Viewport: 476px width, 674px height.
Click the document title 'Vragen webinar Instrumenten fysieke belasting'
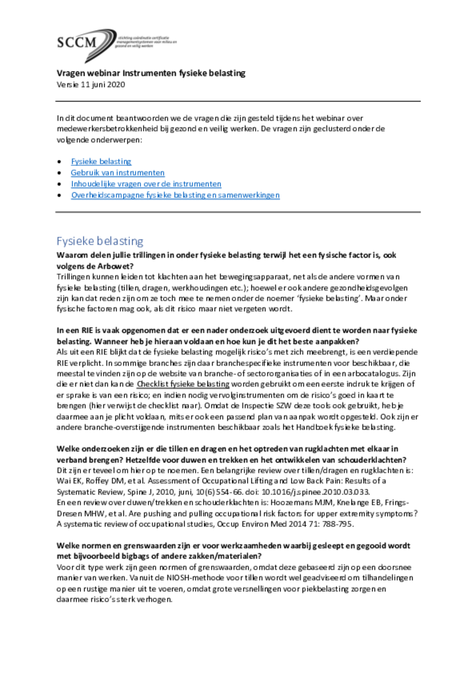[151, 73]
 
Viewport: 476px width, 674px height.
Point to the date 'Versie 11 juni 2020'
[91, 84]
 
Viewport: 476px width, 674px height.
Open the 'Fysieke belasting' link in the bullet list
[101, 161]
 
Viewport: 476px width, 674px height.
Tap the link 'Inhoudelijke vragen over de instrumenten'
[146, 184]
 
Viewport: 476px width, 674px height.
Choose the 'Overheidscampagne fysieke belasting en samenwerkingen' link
[176, 195]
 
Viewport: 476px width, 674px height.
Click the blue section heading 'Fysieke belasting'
[100, 241]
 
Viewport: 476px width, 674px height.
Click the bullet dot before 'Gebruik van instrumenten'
[60, 173]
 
